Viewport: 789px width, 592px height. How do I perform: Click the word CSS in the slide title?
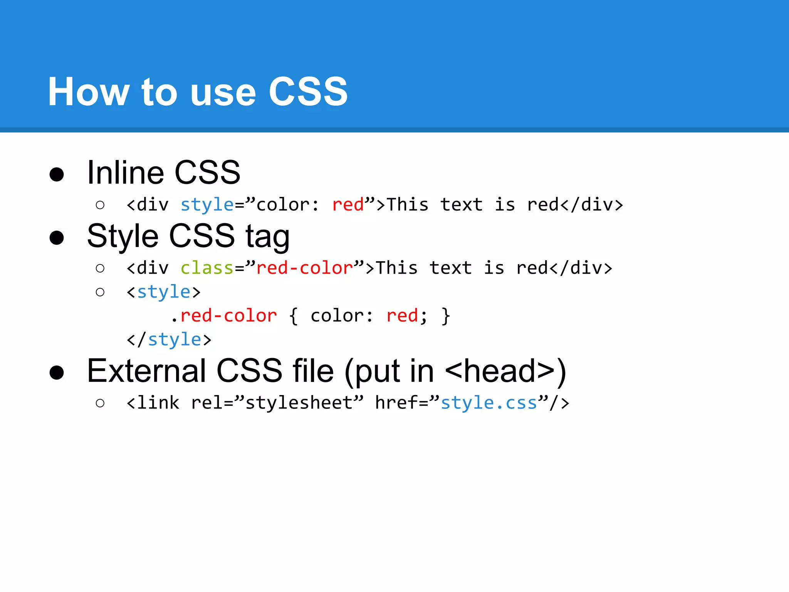tap(308, 92)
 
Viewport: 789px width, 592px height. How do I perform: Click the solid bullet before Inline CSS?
tap(57, 174)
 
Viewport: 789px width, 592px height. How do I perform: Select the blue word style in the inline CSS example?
tap(207, 205)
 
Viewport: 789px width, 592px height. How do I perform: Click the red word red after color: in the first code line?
tap(348, 205)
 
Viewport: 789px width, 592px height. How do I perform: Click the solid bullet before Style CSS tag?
tap(57, 238)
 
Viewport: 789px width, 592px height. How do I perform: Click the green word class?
tap(207, 268)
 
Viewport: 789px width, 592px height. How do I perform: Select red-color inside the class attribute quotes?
tap(305, 268)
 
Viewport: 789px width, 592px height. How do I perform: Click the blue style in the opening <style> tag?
tap(164, 292)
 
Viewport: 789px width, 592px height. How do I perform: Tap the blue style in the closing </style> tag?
tap(175, 340)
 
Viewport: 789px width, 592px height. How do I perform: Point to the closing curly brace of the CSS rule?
tap(446, 316)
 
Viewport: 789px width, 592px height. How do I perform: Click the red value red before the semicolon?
tap(402, 316)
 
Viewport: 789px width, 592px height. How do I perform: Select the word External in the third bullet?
tap(146, 371)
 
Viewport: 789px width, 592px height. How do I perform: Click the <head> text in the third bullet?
tap(500, 371)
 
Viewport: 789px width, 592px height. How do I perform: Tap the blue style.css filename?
tap(489, 403)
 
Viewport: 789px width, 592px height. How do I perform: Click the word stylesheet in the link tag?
tap(299, 403)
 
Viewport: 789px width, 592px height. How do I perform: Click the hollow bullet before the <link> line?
tap(100, 403)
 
